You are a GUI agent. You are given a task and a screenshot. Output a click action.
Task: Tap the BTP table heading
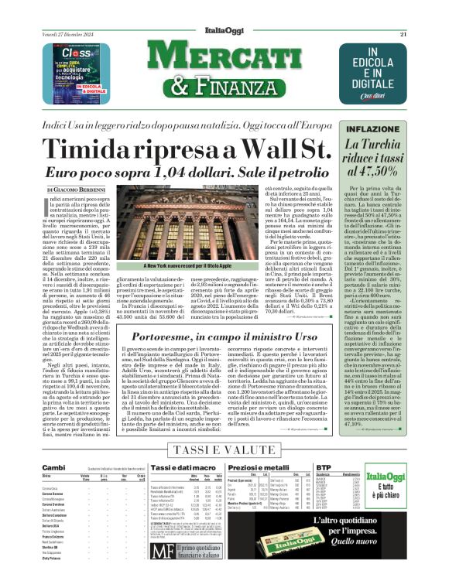[x=362, y=467]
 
